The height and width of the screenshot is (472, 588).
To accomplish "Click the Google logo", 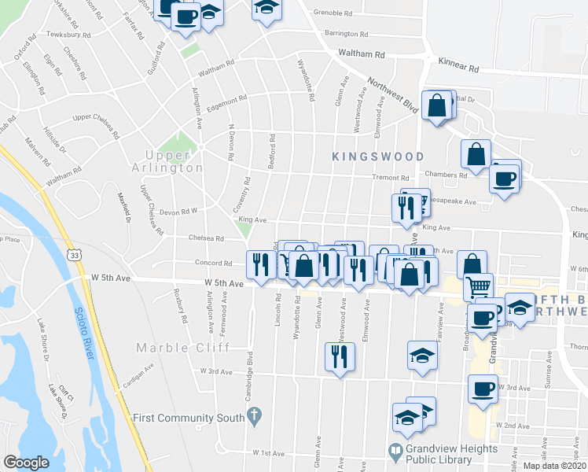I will point(25,463).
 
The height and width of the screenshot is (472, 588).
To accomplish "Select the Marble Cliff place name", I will point(171,348).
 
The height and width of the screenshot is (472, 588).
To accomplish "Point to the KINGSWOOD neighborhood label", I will point(377,157).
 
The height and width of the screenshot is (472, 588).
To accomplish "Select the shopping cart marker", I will point(477,288).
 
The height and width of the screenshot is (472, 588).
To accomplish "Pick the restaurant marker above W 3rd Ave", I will point(340,357).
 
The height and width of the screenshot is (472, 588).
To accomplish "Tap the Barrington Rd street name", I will point(347,35).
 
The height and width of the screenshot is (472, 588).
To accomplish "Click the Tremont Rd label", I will point(391,178).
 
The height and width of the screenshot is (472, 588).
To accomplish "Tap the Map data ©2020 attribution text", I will point(555,466).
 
